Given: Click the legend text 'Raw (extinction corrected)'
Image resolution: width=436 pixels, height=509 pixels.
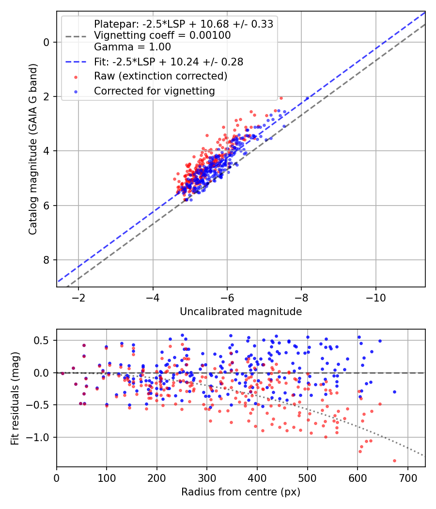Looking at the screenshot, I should (160, 76).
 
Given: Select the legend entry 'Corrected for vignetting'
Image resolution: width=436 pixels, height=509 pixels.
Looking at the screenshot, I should (155, 91).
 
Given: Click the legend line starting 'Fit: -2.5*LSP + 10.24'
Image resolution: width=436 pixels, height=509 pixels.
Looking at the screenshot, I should (169, 62).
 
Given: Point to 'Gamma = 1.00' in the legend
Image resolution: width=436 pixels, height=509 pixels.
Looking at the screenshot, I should (132, 47).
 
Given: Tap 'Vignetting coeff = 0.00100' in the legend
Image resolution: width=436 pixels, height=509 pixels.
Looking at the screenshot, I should (162, 35).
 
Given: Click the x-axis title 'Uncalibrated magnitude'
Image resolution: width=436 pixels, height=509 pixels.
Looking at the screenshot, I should (241, 312).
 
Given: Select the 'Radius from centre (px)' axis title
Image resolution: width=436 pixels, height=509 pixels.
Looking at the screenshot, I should (241, 492).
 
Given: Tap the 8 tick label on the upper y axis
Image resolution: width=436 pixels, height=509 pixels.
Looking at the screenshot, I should (47, 260).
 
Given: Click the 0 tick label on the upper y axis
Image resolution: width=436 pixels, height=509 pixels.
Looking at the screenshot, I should (47, 42).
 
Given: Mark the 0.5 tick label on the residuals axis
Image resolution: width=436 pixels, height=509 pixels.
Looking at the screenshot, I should (44, 340).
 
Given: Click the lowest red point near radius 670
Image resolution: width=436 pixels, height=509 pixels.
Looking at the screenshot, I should (394, 461).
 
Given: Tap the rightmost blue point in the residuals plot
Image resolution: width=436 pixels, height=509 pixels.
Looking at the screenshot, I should (394, 392).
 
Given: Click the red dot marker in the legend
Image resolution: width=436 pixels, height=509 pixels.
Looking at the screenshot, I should (75, 77).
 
